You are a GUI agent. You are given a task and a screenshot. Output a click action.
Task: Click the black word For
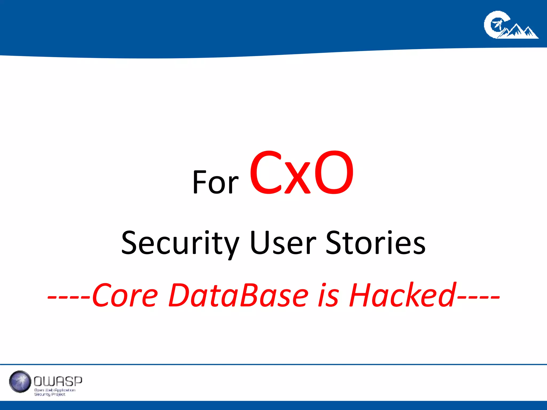(215, 182)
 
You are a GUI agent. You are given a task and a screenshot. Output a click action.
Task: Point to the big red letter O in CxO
(334, 173)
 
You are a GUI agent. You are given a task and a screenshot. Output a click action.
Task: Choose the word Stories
(375, 242)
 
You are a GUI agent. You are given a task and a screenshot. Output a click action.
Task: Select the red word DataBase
(239, 295)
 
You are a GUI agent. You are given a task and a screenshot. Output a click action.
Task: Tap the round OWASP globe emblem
(20, 381)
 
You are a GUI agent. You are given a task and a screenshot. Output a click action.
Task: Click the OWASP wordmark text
(58, 381)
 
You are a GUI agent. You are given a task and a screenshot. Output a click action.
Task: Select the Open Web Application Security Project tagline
(54, 392)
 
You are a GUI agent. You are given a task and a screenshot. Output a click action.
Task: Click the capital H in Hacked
(359, 295)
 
